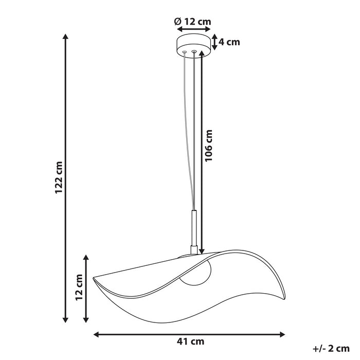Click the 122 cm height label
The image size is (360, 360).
[x=59, y=178]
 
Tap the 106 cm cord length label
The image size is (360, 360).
[x=209, y=146]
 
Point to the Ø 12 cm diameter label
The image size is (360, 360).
[x=193, y=22]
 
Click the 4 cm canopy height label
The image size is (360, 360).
[x=229, y=42]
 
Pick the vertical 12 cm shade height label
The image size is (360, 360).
[x=79, y=287]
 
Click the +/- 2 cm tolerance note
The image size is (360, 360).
[x=331, y=349]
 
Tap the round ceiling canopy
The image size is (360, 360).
[x=193, y=45]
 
